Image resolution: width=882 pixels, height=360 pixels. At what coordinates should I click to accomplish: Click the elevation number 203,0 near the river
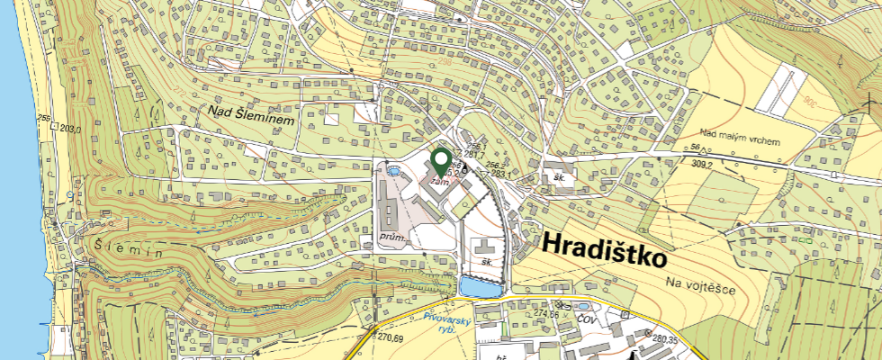tap(71, 129)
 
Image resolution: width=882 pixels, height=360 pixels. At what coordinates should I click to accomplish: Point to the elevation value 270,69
tap(389, 338)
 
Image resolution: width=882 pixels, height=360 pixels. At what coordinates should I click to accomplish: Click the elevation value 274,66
tap(547, 313)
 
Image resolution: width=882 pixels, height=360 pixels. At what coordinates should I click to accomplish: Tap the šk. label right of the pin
tap(559, 178)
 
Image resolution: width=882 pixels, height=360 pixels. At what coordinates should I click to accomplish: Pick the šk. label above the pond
tap(487, 262)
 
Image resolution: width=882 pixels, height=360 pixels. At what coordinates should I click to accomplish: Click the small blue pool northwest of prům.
tap(392, 169)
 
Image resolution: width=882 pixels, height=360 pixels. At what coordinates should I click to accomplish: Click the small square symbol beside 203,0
tap(55, 127)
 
